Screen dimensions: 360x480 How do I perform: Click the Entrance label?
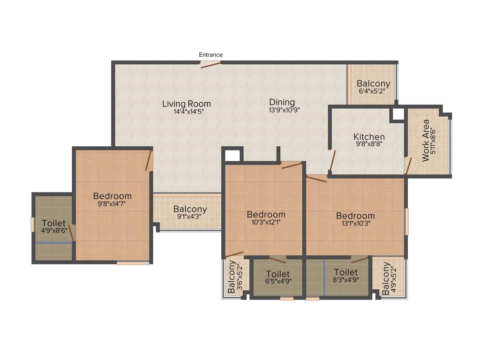coord(210,55)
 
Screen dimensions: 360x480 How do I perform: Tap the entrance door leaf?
coord(211,64)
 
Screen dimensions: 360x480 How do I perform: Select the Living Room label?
coord(187,104)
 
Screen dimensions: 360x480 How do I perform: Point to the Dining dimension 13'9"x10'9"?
coord(282,110)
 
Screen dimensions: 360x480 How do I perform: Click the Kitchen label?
coord(369,137)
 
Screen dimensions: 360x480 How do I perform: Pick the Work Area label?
coord(426,141)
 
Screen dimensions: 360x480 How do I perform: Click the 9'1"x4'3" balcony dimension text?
coord(190,217)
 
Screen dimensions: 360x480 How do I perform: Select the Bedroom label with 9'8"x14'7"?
coord(112,196)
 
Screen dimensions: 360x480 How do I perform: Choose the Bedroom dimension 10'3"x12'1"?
coord(266,223)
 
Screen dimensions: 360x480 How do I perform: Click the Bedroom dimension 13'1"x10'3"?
coord(355,224)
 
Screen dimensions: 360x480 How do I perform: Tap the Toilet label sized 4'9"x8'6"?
coord(53,223)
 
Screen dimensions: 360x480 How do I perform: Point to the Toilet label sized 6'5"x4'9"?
coord(277,274)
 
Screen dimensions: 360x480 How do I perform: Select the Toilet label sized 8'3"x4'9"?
coord(346,272)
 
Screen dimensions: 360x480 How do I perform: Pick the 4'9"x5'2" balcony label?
coord(385,279)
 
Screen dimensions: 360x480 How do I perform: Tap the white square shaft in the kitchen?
coord(398,114)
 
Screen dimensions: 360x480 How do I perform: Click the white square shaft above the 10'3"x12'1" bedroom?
coord(232,155)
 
